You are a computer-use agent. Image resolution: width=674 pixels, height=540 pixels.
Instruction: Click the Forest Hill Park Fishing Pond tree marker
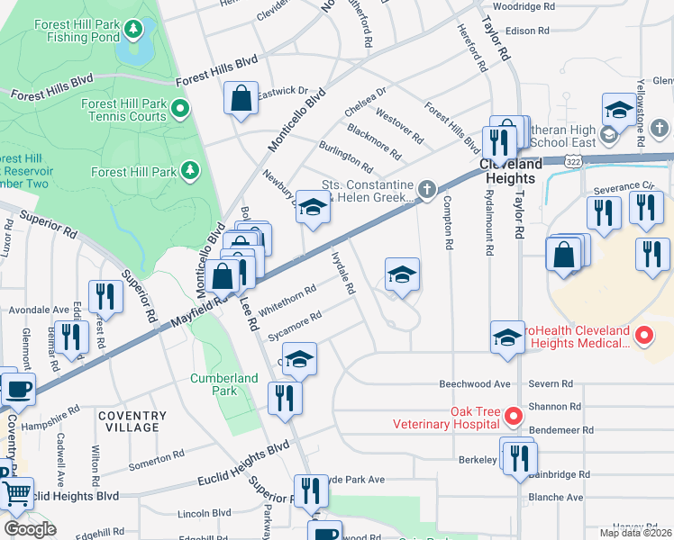[134, 30]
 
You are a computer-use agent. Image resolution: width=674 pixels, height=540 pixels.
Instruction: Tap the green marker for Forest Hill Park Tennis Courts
[180, 110]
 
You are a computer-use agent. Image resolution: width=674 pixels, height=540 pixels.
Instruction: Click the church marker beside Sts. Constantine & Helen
[427, 189]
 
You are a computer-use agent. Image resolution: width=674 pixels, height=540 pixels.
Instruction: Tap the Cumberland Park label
[214, 384]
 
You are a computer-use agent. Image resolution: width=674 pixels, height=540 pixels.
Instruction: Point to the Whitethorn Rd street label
[287, 301]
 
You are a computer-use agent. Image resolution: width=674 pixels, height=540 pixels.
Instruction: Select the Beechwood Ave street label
[475, 383]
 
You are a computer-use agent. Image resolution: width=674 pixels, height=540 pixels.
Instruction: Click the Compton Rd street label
[447, 227]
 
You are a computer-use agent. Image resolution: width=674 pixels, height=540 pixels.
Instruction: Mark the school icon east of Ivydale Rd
[402, 274]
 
